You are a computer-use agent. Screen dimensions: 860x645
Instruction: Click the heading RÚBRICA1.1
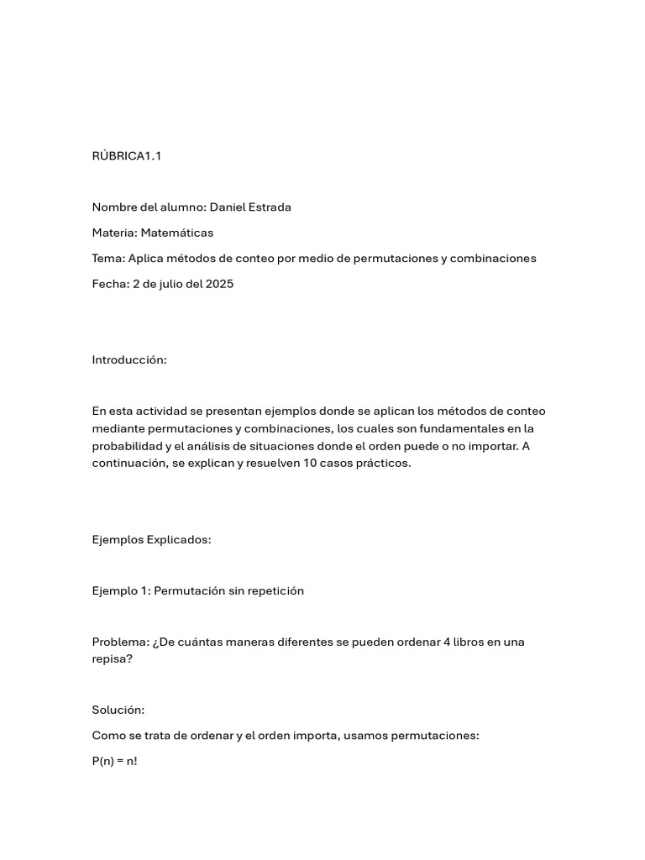(x=126, y=156)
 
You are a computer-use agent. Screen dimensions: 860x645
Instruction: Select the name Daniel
(x=229, y=207)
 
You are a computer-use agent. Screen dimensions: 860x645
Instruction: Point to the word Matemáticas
(x=177, y=233)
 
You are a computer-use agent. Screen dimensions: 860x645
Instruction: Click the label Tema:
(x=109, y=258)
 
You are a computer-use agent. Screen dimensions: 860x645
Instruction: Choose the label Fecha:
(x=111, y=284)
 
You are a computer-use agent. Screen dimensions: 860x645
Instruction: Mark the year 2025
(x=218, y=284)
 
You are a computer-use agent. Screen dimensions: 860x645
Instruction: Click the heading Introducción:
(x=129, y=360)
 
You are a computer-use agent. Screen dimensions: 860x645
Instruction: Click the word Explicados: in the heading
(x=179, y=539)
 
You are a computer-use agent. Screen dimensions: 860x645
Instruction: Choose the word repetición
(x=275, y=590)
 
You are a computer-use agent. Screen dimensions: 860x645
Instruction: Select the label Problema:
(x=120, y=642)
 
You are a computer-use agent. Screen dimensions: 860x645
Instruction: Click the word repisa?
(x=112, y=659)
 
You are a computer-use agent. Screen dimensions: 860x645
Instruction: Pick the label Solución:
(x=118, y=710)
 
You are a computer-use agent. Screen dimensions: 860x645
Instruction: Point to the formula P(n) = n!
(x=114, y=762)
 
